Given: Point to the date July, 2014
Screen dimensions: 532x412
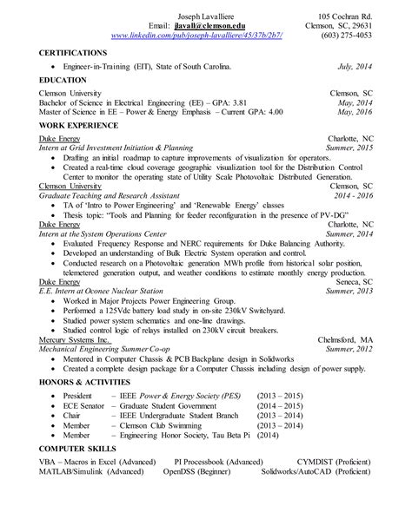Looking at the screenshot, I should click(x=355, y=66).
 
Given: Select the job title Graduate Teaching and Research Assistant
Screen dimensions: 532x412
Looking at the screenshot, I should click(x=106, y=194).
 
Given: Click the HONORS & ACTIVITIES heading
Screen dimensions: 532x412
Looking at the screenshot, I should click(x=91, y=381).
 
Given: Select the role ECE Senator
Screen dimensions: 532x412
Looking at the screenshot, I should click(x=83, y=404).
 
